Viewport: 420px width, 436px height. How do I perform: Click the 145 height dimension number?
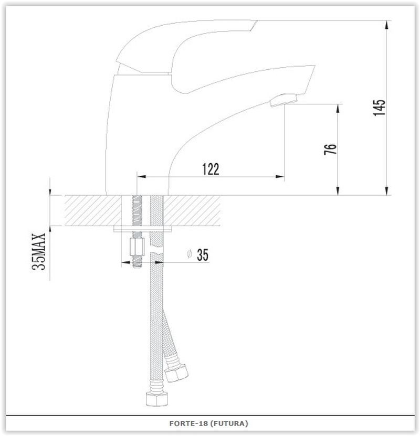tap(380, 108)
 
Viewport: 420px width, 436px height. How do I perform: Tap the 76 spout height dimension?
tap(330, 149)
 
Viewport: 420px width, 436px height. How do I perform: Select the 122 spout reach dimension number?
tap(211, 169)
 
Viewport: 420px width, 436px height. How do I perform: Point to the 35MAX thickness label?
tap(38, 251)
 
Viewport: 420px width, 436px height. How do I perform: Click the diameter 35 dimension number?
tap(203, 254)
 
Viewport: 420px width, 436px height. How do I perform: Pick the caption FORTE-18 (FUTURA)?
tap(208, 423)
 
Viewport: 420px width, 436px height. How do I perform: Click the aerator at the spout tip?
tap(283, 100)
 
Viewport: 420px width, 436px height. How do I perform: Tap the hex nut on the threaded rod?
tap(137, 247)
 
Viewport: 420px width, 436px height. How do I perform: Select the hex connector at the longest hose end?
tap(157, 399)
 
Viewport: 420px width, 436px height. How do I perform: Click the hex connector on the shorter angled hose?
tap(176, 373)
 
